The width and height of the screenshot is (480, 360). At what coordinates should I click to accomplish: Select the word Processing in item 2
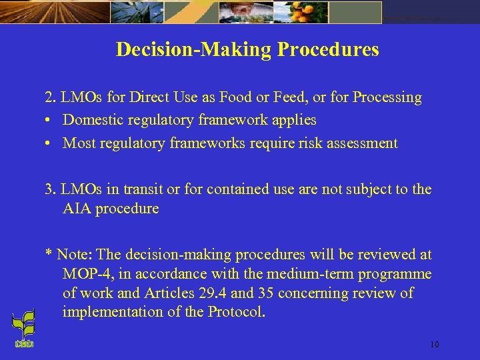point(387,97)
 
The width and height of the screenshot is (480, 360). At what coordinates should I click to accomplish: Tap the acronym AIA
point(77,209)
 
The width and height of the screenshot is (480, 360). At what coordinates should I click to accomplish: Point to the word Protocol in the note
point(236,312)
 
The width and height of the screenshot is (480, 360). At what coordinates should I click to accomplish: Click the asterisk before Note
point(48,253)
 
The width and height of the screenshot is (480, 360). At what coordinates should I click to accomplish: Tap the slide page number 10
point(434,345)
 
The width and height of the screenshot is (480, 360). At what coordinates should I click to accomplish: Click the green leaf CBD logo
point(23,330)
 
